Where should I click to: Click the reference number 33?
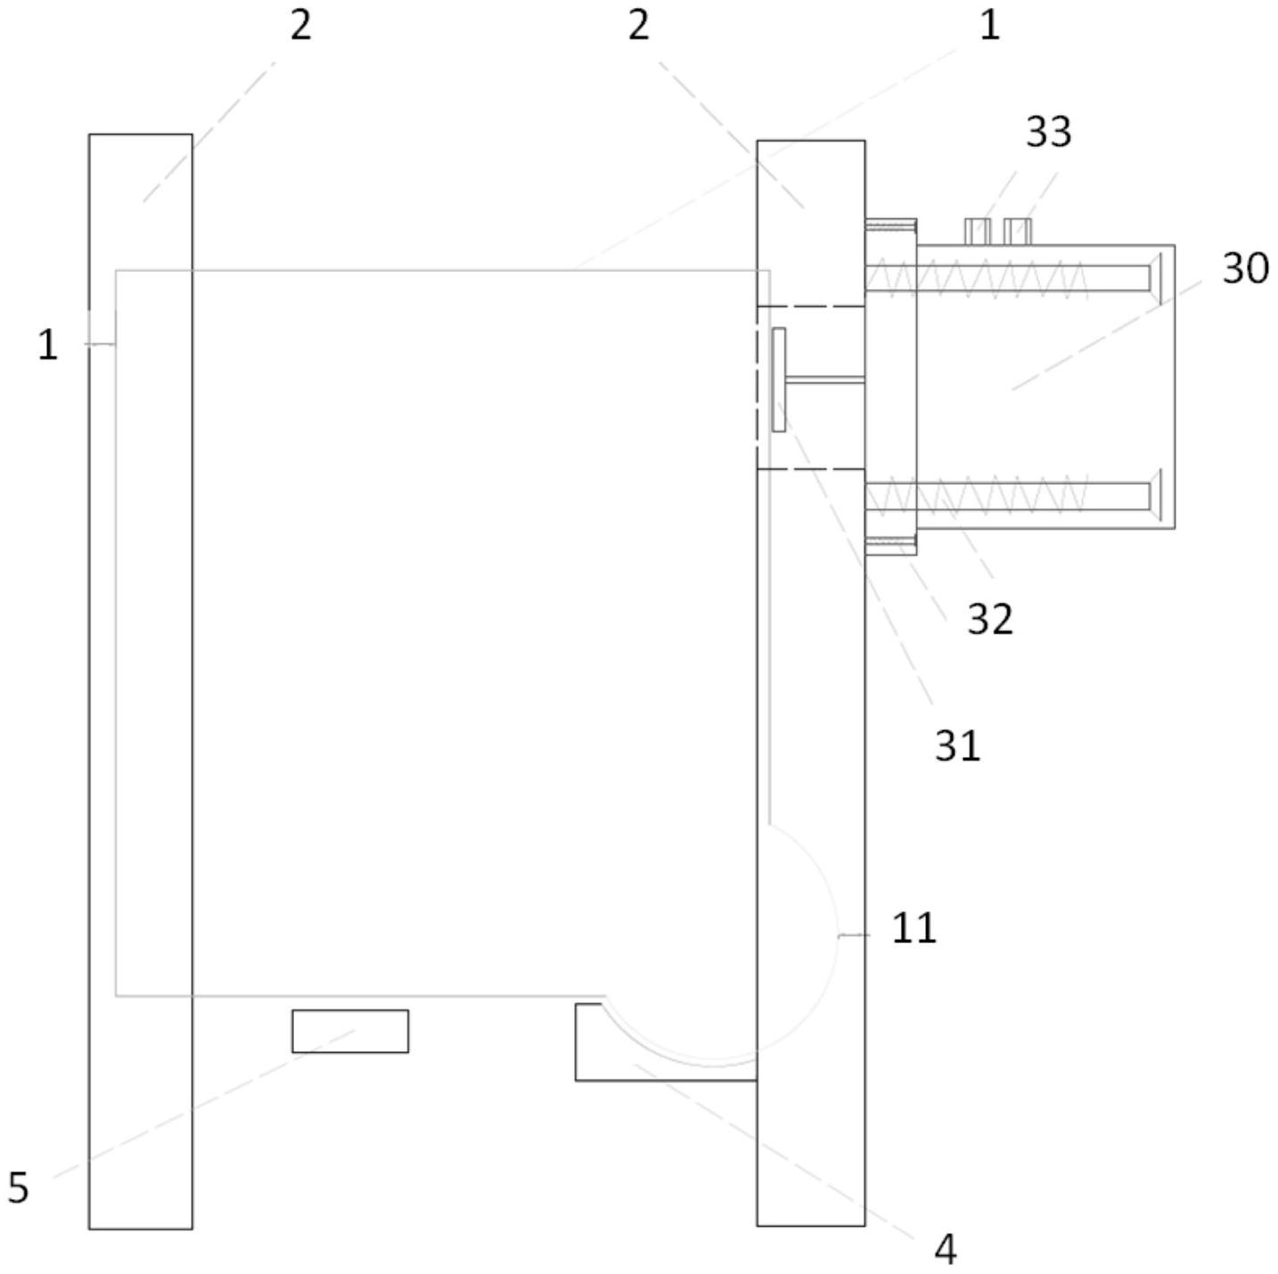[1048, 132]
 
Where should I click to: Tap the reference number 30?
[1245, 268]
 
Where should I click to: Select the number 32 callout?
[989, 620]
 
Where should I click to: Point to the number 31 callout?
[957, 746]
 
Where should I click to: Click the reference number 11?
[913, 927]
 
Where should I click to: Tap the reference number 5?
[18, 1188]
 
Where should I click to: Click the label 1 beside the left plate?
[47, 346]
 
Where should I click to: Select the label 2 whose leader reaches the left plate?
[300, 27]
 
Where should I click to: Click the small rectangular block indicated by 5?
[350, 1032]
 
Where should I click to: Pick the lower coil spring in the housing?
[976, 495]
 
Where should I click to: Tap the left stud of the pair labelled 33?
[978, 232]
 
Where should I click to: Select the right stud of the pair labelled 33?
[1018, 232]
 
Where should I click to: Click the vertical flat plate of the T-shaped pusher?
[779, 380]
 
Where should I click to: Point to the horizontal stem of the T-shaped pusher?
[825, 380]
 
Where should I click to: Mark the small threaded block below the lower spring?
[890, 547]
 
